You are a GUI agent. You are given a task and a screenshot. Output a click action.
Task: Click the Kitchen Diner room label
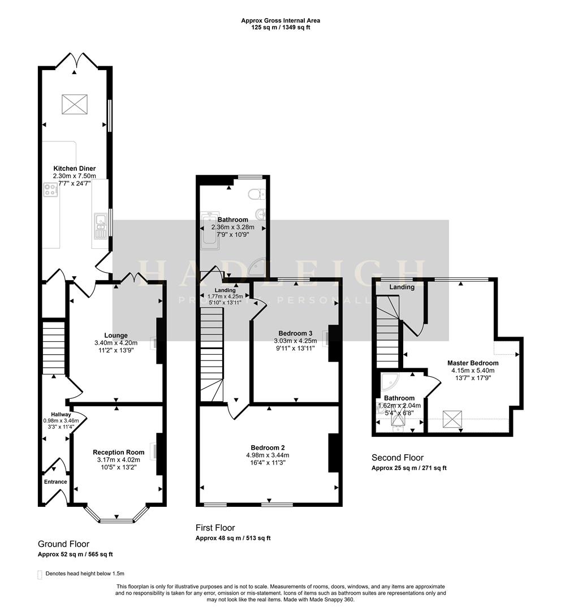pyautogui.click(x=74, y=169)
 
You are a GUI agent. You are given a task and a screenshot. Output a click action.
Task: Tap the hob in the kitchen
pyautogui.click(x=50, y=190)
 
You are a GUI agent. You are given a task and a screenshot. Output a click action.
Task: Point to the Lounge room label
pyautogui.click(x=115, y=335)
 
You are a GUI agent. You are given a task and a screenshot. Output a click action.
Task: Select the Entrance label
pyautogui.click(x=55, y=482)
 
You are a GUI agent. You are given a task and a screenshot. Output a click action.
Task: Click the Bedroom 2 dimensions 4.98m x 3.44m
pyautogui.click(x=269, y=455)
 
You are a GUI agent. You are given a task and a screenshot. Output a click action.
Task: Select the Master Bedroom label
pyautogui.click(x=473, y=363)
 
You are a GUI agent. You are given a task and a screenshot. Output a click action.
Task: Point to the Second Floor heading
pyautogui.click(x=397, y=458)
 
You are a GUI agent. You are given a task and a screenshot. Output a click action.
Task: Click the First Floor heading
pyautogui.click(x=215, y=528)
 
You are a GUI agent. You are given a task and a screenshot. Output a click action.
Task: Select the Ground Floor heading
pyautogui.click(x=63, y=544)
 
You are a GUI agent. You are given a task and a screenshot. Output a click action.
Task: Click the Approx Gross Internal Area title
pyautogui.click(x=280, y=20)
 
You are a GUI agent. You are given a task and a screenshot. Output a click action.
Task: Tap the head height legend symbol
pyautogui.click(x=40, y=574)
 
